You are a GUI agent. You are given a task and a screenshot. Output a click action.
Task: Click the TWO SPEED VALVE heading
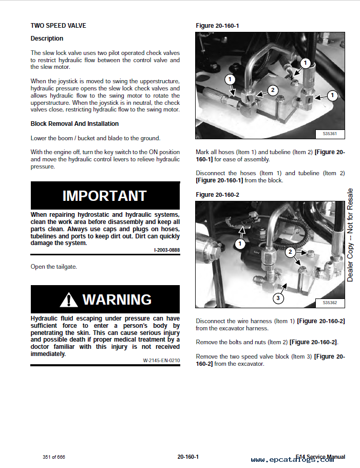tap(58, 25)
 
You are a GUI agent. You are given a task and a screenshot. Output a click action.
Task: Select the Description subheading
tap(47, 39)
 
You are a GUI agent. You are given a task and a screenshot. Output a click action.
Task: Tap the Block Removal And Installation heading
tap(74, 124)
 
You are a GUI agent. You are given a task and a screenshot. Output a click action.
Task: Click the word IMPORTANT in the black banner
tap(105, 196)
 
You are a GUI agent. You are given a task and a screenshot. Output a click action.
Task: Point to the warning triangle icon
tap(68, 299)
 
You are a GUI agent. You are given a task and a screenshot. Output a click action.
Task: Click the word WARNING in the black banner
tap(117, 299)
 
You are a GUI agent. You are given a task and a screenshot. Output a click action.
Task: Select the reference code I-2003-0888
tap(167, 250)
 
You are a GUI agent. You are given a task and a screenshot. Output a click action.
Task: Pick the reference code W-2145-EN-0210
tap(161, 360)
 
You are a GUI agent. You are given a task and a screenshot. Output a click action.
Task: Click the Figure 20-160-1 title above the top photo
tap(217, 26)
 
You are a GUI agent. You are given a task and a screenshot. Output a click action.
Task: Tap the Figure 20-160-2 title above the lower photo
tap(217, 195)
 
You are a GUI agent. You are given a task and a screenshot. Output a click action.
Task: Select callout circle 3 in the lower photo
tap(278, 298)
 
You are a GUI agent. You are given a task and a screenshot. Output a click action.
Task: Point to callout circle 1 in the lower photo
tap(240, 244)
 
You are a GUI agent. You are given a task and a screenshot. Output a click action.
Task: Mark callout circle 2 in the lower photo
tap(290, 252)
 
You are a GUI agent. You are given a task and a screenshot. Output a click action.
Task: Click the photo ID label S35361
tap(330, 134)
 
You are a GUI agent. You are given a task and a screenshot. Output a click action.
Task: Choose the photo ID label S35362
tap(330, 303)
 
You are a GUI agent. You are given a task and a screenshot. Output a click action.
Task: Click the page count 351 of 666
tap(54, 457)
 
